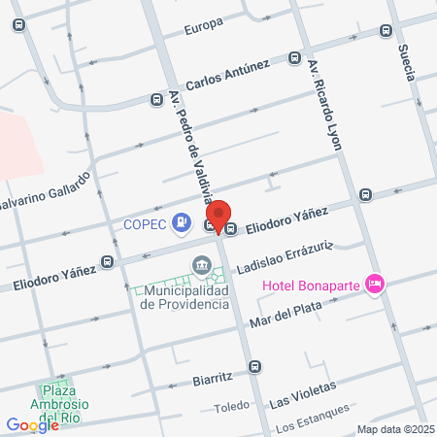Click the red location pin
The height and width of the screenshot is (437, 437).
219,217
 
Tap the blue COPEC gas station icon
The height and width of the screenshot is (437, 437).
181,223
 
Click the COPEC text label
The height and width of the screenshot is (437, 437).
147,224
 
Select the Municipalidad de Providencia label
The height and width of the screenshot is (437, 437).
185,297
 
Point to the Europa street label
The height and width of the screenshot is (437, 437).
204,27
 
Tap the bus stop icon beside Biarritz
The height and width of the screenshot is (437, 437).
254,366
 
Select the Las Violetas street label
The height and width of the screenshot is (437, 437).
302,392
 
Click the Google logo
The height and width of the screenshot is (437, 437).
32,424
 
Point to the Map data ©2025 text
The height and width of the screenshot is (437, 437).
394,429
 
